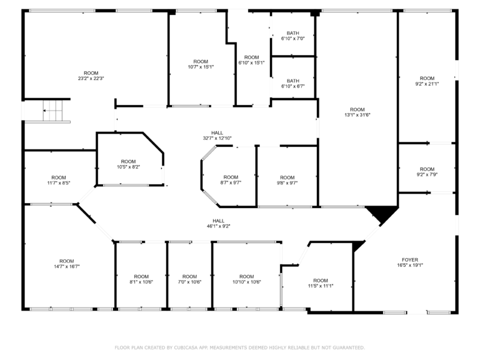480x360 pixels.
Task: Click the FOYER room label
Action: pos(410,262)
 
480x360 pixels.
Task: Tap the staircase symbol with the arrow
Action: pos(52,111)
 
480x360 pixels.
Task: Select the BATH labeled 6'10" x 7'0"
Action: pos(293,36)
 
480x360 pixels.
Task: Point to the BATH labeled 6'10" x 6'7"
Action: pos(293,84)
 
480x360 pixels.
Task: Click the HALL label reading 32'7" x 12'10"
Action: pos(217,135)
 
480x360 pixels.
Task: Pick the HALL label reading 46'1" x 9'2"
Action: pos(219,224)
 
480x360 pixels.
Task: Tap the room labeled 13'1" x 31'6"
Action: pos(357,112)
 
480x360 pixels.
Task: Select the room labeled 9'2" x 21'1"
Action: pos(427,81)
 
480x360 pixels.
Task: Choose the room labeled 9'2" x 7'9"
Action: pos(427,172)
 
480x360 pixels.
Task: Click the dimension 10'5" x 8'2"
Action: pos(128,167)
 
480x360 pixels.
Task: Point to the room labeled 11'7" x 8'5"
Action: pos(59,180)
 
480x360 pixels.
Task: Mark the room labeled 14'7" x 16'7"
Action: pos(67,264)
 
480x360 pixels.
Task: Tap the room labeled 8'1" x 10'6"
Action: pos(141,279)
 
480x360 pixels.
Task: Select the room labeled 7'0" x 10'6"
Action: pos(189,279)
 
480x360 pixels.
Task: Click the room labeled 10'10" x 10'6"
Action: pos(247,279)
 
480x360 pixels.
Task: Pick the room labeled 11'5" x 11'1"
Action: pos(321,283)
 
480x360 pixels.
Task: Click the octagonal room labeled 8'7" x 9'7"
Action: pos(231,180)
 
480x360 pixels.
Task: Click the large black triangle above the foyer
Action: pos(382,212)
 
